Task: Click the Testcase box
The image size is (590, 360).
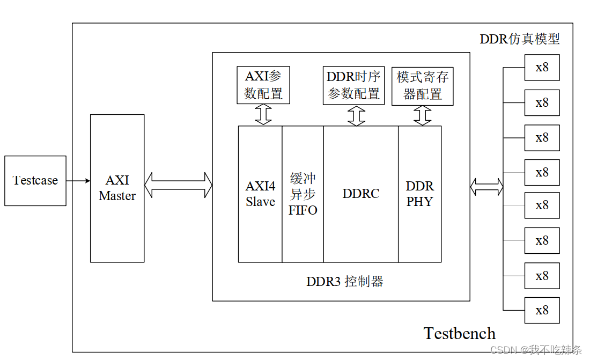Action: (x=35, y=181)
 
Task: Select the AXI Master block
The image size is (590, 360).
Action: (x=117, y=188)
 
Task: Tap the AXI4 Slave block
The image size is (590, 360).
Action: (x=260, y=194)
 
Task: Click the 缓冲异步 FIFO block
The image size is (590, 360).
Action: (x=303, y=194)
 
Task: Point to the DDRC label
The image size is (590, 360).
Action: (x=360, y=194)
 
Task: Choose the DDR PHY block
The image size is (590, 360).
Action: (x=419, y=194)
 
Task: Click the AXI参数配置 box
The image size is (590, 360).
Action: (x=263, y=85)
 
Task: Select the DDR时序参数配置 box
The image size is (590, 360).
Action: (x=353, y=85)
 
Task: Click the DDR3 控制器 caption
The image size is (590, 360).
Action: (x=345, y=282)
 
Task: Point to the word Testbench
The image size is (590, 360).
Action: (x=460, y=333)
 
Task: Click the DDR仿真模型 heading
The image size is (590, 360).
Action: (x=519, y=39)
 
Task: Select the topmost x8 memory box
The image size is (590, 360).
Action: (x=542, y=68)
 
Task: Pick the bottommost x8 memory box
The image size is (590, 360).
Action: (x=542, y=311)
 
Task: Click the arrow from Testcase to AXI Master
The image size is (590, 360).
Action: (x=78, y=181)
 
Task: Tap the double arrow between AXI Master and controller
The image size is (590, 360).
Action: (x=178, y=185)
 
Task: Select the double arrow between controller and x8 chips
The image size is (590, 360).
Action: (x=486, y=187)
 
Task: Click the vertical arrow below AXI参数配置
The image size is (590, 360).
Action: (x=263, y=115)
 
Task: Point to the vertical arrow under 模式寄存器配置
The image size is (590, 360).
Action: (x=423, y=115)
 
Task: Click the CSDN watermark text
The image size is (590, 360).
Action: (x=536, y=350)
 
